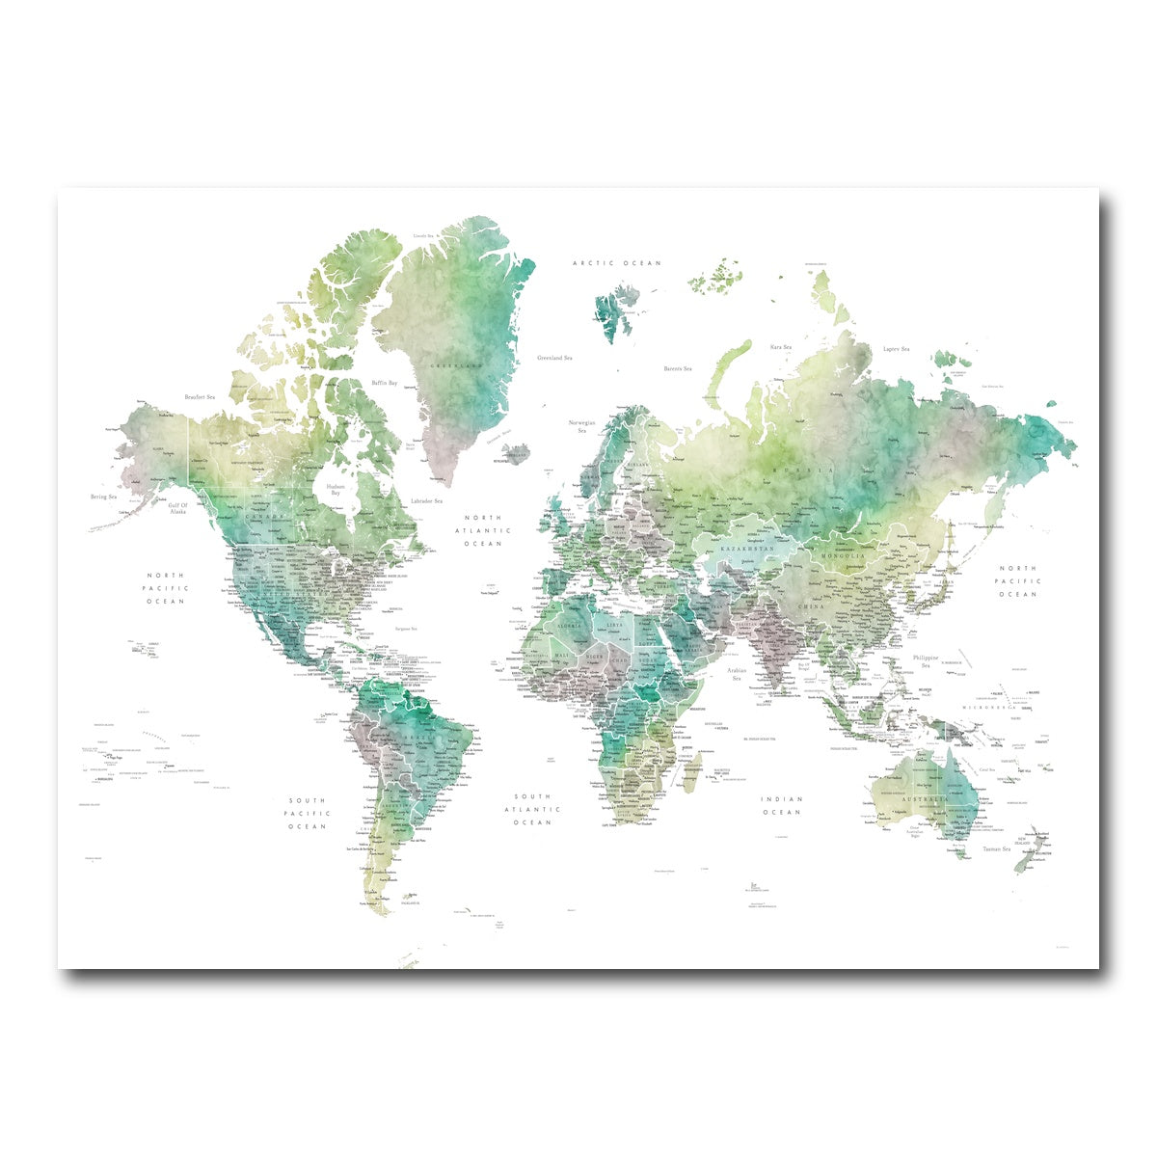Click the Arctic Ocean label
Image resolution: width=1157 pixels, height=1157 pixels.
[617, 263]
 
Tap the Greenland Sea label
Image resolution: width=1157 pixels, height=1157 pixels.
[556, 358]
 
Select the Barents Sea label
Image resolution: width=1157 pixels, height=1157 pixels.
[678, 368]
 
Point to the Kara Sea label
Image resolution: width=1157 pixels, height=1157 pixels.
[780, 347]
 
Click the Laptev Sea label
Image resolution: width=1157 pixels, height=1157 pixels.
[897, 349]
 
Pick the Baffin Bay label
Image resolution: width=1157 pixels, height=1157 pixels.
[385, 383]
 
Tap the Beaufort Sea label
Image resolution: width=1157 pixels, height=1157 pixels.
[200, 396]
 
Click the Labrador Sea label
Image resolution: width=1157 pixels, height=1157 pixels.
[426, 501]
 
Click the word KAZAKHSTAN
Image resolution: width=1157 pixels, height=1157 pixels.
[747, 548]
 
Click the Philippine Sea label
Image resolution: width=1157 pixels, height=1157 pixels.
[926, 661]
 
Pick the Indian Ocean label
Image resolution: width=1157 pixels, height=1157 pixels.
[781, 805]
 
